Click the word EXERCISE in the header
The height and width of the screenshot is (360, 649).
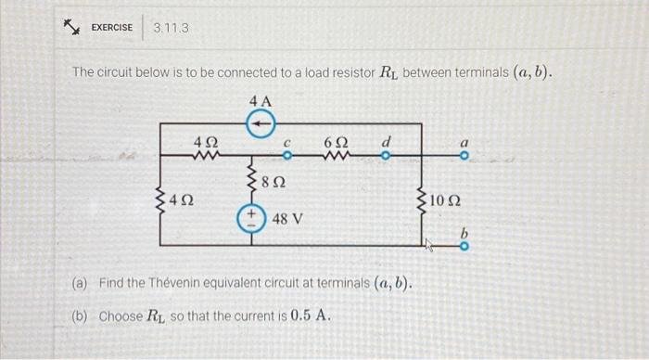pos(111,28)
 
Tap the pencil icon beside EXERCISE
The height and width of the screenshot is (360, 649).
pos(69,27)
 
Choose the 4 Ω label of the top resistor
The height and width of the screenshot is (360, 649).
pos(205,142)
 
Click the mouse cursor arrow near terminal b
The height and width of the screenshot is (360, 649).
pos(428,247)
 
